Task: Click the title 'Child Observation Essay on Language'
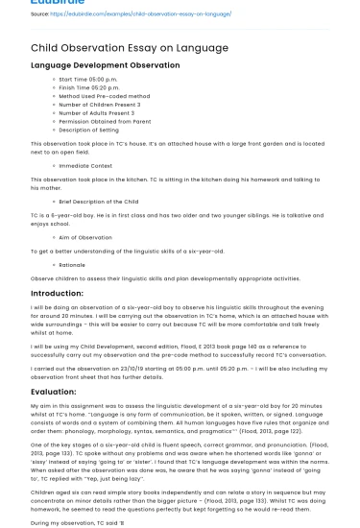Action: [x=116, y=47]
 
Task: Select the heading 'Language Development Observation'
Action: [x=107, y=65]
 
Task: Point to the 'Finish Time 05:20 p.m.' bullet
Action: [x=91, y=87]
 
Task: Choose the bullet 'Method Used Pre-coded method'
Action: [x=104, y=95]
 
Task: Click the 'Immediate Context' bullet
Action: [x=85, y=165]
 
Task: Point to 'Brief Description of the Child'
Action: [x=98, y=202]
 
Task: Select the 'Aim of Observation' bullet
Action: [x=85, y=237]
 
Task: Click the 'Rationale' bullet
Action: [x=72, y=265]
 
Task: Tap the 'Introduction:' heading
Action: [x=57, y=293]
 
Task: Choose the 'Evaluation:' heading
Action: [x=53, y=392]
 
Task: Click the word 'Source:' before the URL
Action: [x=39, y=14]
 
